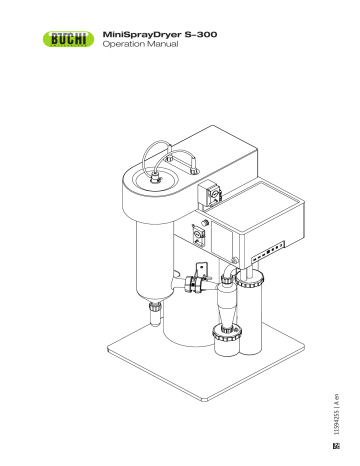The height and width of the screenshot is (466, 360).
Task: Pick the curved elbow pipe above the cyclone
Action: (230, 274)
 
